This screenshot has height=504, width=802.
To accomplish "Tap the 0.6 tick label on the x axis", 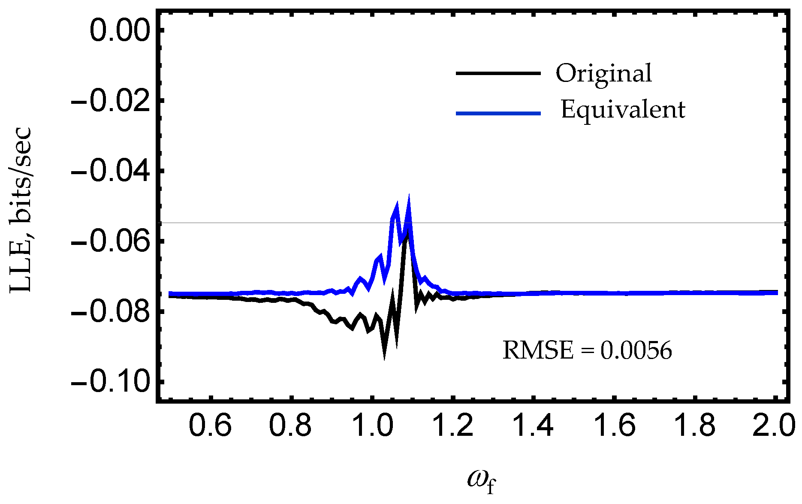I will pyautogui.click(x=210, y=426).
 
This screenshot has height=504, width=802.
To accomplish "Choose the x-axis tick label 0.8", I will pyautogui.click(x=291, y=426).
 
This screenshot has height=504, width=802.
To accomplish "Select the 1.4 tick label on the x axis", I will pyautogui.click(x=533, y=426).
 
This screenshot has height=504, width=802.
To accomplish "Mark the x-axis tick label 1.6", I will pyautogui.click(x=613, y=426).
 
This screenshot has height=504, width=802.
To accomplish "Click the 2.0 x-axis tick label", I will pyautogui.click(x=774, y=426).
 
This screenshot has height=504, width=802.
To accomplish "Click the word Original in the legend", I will pyautogui.click(x=604, y=74).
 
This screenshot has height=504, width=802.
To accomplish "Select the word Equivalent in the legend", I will pyautogui.click(x=623, y=110).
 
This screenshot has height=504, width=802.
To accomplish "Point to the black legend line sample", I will pyautogui.click(x=498, y=73).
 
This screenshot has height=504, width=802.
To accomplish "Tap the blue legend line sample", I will pyautogui.click(x=498, y=113).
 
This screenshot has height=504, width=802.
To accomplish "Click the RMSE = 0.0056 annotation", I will pyautogui.click(x=587, y=350).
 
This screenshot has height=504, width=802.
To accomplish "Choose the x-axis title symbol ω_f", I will pyautogui.click(x=481, y=481).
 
